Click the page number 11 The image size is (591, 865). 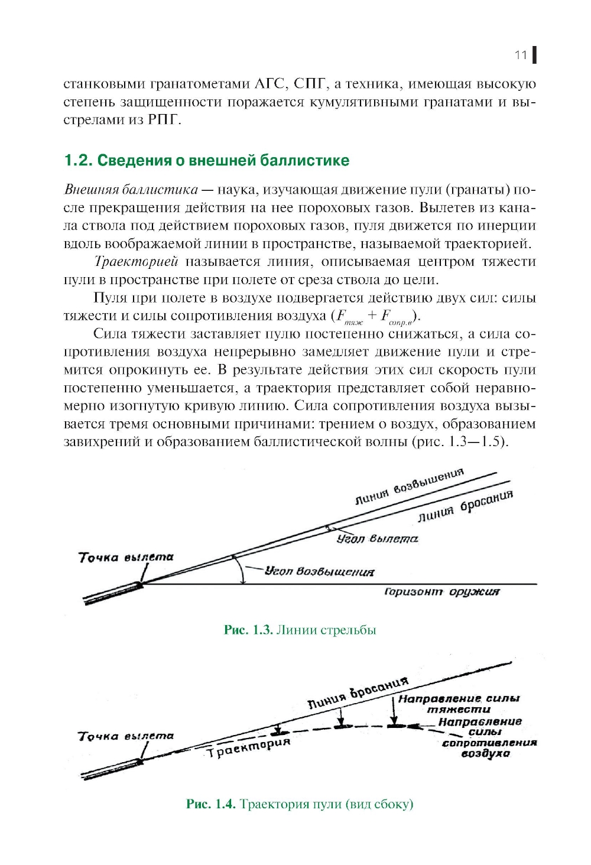[x=521, y=55]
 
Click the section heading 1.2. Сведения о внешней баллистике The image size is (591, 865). [x=206, y=160]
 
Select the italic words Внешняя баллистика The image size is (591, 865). [x=131, y=190]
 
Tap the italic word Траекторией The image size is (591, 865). [x=137, y=262]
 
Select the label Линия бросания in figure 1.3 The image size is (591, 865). [x=465, y=507]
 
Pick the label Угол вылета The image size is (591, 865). [x=377, y=539]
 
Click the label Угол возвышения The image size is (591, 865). [x=319, y=571]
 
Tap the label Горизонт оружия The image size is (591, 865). [x=441, y=591]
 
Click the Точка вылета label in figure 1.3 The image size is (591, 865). [x=126, y=557]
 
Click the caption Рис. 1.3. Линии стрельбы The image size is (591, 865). [x=300, y=630]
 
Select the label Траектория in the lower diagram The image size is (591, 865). [x=248, y=747]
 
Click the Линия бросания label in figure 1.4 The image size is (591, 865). [x=358, y=692]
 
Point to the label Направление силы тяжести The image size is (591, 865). [x=459, y=704]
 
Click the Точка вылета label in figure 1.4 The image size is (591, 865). [x=126, y=736]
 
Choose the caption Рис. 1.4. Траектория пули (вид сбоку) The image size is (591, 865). [x=300, y=804]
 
